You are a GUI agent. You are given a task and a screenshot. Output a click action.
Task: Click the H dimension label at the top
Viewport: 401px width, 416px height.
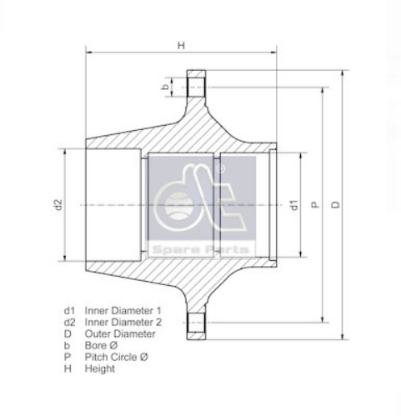(181, 47)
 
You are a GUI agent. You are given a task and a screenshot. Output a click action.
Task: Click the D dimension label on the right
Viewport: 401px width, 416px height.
(335, 204)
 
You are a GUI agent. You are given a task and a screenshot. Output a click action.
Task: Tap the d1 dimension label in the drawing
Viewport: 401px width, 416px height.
(293, 204)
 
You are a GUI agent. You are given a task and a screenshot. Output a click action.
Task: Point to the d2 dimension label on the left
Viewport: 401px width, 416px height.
(58, 204)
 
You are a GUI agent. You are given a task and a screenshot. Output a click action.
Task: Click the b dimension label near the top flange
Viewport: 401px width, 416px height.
(166, 86)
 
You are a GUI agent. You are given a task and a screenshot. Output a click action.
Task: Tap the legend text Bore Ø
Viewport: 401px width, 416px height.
(103, 345)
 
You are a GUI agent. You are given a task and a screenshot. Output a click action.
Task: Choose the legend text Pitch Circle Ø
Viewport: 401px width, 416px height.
(117, 357)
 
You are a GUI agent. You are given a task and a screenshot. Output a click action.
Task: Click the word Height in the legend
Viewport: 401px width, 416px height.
(100, 368)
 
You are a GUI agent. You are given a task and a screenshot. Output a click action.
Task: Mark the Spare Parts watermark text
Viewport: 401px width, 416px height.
(200, 249)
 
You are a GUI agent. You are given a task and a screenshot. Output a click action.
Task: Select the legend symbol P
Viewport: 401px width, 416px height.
(68, 357)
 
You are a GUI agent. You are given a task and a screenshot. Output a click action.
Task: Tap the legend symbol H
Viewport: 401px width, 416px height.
(68, 368)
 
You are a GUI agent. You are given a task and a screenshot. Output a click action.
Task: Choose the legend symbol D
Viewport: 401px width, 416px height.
(68, 333)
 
